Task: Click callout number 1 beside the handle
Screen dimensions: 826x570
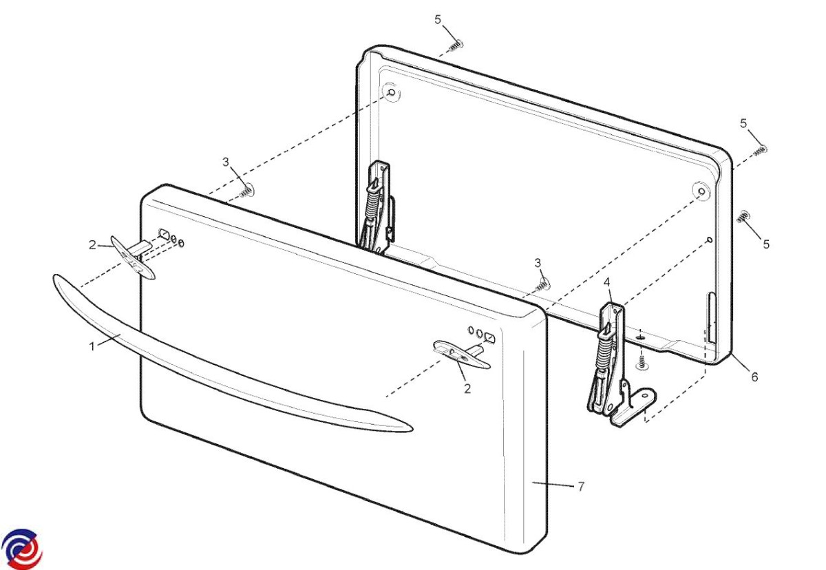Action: (x=92, y=346)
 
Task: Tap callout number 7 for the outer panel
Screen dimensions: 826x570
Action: (x=581, y=487)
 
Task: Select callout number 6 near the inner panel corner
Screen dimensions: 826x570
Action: (x=755, y=377)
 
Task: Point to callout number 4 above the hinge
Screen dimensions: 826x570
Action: (x=606, y=282)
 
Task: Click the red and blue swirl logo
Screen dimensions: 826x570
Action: (x=21, y=549)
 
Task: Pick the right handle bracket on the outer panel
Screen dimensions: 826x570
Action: (x=462, y=355)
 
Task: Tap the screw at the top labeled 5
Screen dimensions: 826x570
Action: (x=456, y=45)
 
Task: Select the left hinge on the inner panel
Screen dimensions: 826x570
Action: (x=377, y=209)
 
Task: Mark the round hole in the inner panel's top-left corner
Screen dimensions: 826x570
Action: (x=392, y=92)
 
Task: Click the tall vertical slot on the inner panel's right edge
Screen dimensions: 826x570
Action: (x=711, y=319)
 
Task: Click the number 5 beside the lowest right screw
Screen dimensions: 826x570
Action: (x=766, y=244)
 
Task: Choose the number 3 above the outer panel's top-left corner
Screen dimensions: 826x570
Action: (x=226, y=162)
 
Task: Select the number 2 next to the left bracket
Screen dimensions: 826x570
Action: (x=92, y=245)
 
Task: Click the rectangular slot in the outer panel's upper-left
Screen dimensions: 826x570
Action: (x=164, y=234)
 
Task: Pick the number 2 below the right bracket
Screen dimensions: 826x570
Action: (x=467, y=388)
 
